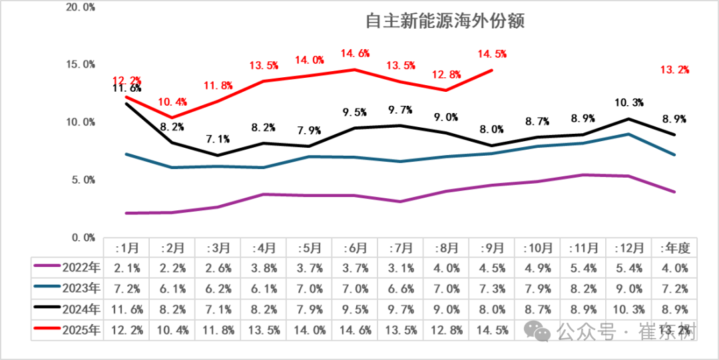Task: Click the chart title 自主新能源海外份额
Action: pos(445,21)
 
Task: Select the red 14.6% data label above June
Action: pos(356,53)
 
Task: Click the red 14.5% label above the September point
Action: pos(492,53)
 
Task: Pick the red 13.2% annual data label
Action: pos(674,69)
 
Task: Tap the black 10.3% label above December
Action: pos(628,102)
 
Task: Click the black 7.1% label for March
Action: pos(218,139)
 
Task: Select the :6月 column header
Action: pos(356,248)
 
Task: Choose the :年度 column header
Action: pos(673,248)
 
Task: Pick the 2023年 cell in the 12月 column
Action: pos(628,289)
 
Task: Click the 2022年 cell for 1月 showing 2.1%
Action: pos(126,268)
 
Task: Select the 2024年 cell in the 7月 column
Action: pos(401,310)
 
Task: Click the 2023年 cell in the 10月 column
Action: pos(537,289)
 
